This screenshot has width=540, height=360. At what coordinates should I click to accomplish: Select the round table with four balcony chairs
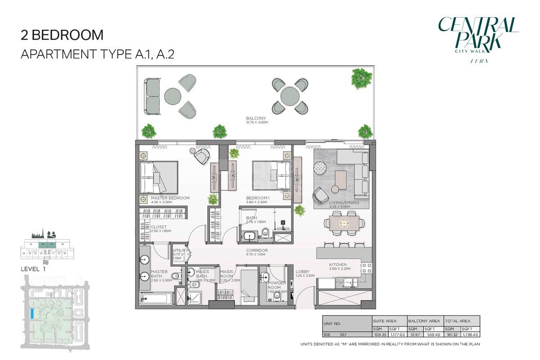point(290,95)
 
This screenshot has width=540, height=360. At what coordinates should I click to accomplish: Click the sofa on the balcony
point(152,95)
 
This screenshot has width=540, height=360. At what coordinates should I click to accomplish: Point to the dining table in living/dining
point(344,223)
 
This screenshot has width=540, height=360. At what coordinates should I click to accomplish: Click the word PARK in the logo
point(477,42)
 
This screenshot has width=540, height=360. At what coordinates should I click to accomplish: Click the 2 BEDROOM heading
point(63,35)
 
